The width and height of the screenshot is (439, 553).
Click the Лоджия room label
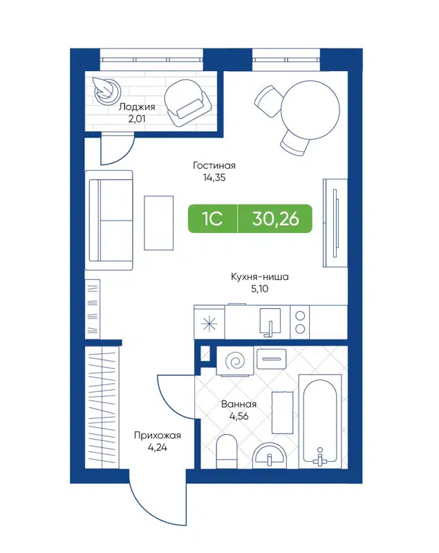point(136,107)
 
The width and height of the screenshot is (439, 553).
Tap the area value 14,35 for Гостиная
point(214,177)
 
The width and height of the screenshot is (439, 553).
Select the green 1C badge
point(212,219)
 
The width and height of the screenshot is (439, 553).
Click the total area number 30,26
point(275,219)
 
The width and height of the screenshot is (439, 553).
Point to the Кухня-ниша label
point(260,276)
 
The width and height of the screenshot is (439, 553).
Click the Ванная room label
point(239,405)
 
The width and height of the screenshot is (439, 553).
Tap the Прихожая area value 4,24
point(157,447)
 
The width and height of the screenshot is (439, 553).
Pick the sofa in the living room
point(109,220)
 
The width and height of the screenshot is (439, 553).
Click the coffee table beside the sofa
point(159,222)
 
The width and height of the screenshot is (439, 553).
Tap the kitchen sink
point(270,321)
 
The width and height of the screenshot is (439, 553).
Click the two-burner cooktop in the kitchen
point(301,321)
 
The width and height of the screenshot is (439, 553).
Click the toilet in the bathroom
point(227,452)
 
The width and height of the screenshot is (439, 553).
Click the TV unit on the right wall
point(334,221)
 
